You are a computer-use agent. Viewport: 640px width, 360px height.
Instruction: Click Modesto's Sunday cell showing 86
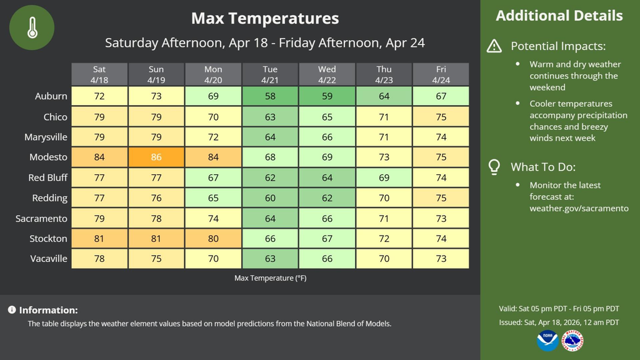tap(156, 157)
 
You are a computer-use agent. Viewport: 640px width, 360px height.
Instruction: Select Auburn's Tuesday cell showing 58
tap(269, 96)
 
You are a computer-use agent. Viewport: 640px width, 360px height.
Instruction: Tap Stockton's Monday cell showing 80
tap(213, 239)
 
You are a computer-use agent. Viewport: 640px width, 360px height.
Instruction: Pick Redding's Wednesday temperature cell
tap(327, 198)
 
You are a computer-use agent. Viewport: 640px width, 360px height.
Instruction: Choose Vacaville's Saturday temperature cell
tap(99, 259)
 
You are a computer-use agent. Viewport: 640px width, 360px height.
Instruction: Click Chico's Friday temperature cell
tap(441, 117)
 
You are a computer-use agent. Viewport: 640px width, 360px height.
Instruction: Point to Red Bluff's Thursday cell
tap(384, 177)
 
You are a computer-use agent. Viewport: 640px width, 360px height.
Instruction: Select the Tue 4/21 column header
tap(269, 74)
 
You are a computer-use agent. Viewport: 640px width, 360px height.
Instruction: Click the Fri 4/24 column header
tap(441, 74)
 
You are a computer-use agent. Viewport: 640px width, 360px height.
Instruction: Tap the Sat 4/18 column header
tap(99, 74)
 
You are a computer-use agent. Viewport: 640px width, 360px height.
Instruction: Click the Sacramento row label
tap(41, 218)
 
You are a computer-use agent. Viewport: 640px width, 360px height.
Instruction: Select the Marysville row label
tap(46, 137)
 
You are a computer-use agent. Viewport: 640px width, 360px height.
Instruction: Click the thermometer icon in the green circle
tap(32, 27)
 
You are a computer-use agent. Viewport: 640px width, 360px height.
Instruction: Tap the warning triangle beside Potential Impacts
tap(494, 46)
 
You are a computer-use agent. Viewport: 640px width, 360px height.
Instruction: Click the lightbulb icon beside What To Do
tap(494, 167)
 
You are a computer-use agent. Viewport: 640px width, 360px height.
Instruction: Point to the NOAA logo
tap(547, 341)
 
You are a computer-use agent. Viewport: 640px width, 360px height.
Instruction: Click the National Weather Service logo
tap(572, 341)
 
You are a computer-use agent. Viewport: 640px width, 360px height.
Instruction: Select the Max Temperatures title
tap(265, 18)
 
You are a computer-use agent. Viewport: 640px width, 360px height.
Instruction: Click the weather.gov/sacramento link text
tap(579, 208)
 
